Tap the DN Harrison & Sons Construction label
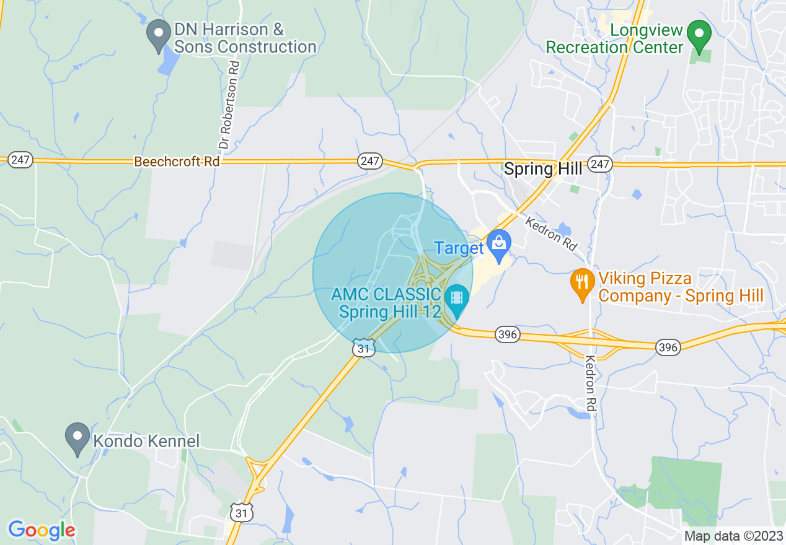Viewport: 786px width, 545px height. [x=245, y=38]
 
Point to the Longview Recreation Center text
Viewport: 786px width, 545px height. [x=614, y=38]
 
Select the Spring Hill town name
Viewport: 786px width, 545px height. [x=543, y=169]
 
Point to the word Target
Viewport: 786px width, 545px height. [x=459, y=248]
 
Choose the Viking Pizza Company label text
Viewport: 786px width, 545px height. [x=681, y=287]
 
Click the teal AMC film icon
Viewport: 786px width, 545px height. [x=457, y=298]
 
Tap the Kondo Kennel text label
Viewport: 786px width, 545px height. [x=146, y=442]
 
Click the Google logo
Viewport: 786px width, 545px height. [x=42, y=530]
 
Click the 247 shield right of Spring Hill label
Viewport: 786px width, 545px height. [x=600, y=163]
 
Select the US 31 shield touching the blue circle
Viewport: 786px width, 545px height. [x=364, y=348]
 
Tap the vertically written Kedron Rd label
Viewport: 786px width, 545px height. [x=591, y=384]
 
